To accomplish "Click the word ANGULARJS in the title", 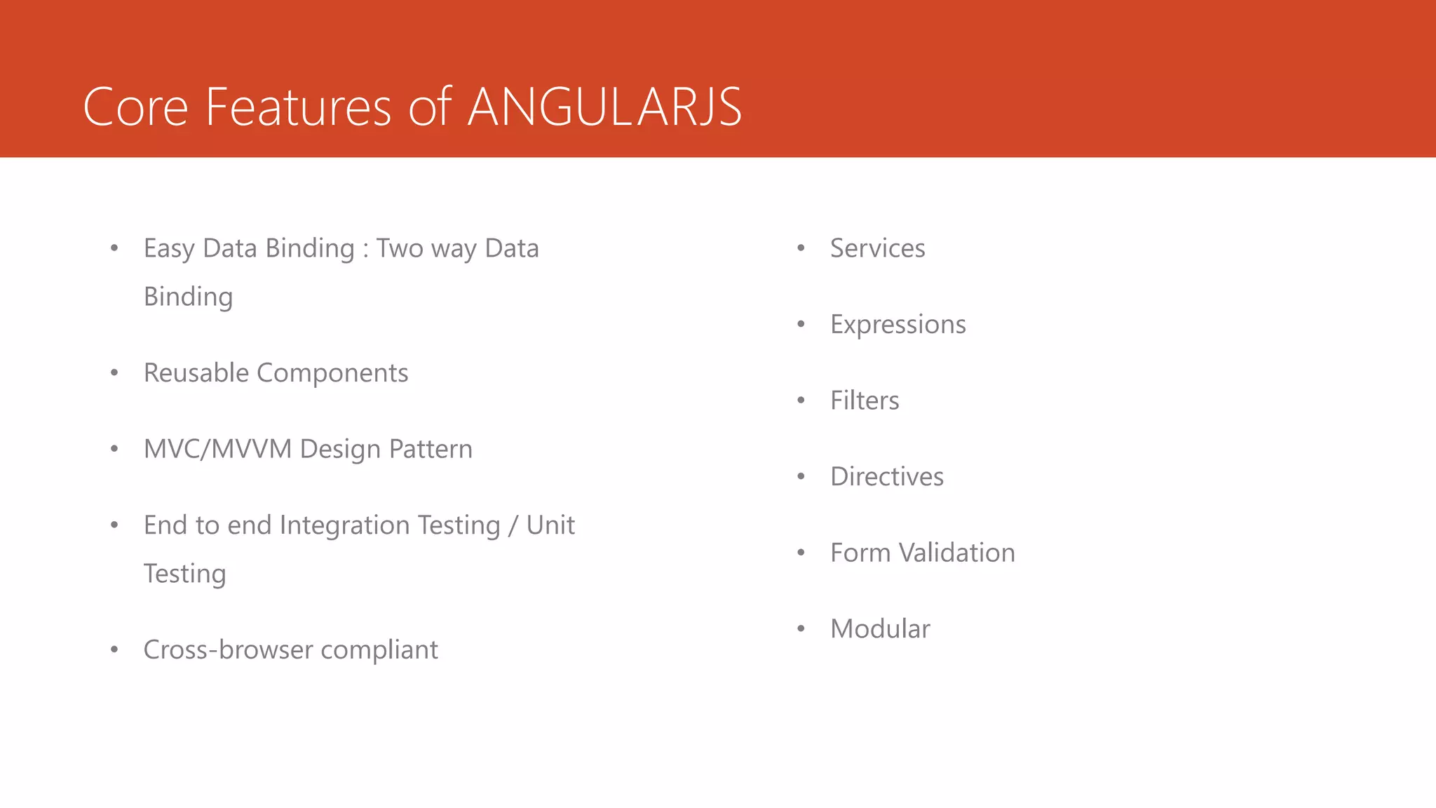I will tap(604, 107).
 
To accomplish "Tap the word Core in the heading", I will tap(135, 107).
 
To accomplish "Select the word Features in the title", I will tap(298, 107).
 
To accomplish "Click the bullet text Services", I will tap(877, 248).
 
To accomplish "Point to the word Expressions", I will tap(897, 325).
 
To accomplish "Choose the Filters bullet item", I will tap(864, 400).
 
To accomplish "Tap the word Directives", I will tap(886, 477).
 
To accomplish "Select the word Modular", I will tap(880, 629).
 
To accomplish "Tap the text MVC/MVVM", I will tap(217, 449).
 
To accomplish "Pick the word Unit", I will tap(550, 525).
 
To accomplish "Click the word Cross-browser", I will tap(228, 649).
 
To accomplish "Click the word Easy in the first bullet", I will tap(169, 249).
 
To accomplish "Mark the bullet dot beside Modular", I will tap(801, 629).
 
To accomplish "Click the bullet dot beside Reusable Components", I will tap(114, 373).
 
